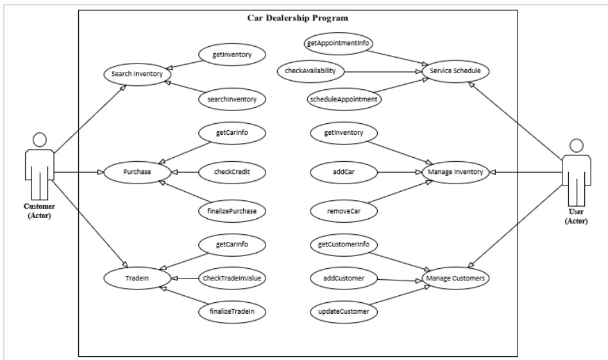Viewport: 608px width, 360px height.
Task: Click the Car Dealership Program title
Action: pos(298,17)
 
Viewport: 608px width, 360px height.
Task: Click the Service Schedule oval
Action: pos(456,70)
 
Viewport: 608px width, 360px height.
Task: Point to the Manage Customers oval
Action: pos(456,279)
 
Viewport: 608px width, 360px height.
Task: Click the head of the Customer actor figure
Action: pos(40,139)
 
